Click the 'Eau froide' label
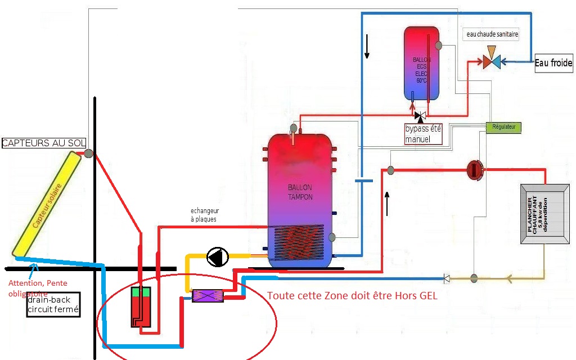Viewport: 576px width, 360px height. pyautogui.click(x=553, y=63)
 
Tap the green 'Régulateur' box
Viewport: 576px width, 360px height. pyautogui.click(x=503, y=128)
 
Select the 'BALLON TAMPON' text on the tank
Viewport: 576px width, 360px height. pyautogui.click(x=299, y=192)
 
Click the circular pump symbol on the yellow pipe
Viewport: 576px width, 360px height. pyautogui.click(x=218, y=257)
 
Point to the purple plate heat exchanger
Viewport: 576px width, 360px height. pyautogui.click(x=208, y=296)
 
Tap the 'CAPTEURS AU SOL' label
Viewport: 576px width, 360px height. pyautogui.click(x=43, y=143)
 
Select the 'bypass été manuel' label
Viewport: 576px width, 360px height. pyautogui.click(x=423, y=134)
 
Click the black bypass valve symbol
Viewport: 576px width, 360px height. pyautogui.click(x=420, y=116)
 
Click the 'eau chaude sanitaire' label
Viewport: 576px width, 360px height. pyautogui.click(x=492, y=34)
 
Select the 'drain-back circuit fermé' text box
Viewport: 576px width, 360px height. pyautogui.click(x=53, y=304)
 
